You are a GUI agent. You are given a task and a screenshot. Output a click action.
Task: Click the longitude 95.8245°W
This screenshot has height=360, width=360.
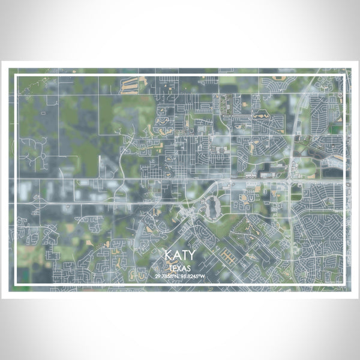pos(194,275)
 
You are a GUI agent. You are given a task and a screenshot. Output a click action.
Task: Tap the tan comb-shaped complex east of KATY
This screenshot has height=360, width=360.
pos(230,257)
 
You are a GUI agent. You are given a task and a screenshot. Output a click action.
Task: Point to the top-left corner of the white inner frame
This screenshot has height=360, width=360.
pos(16,76)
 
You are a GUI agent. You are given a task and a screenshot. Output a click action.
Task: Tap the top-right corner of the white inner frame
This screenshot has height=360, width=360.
pos(343,76)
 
